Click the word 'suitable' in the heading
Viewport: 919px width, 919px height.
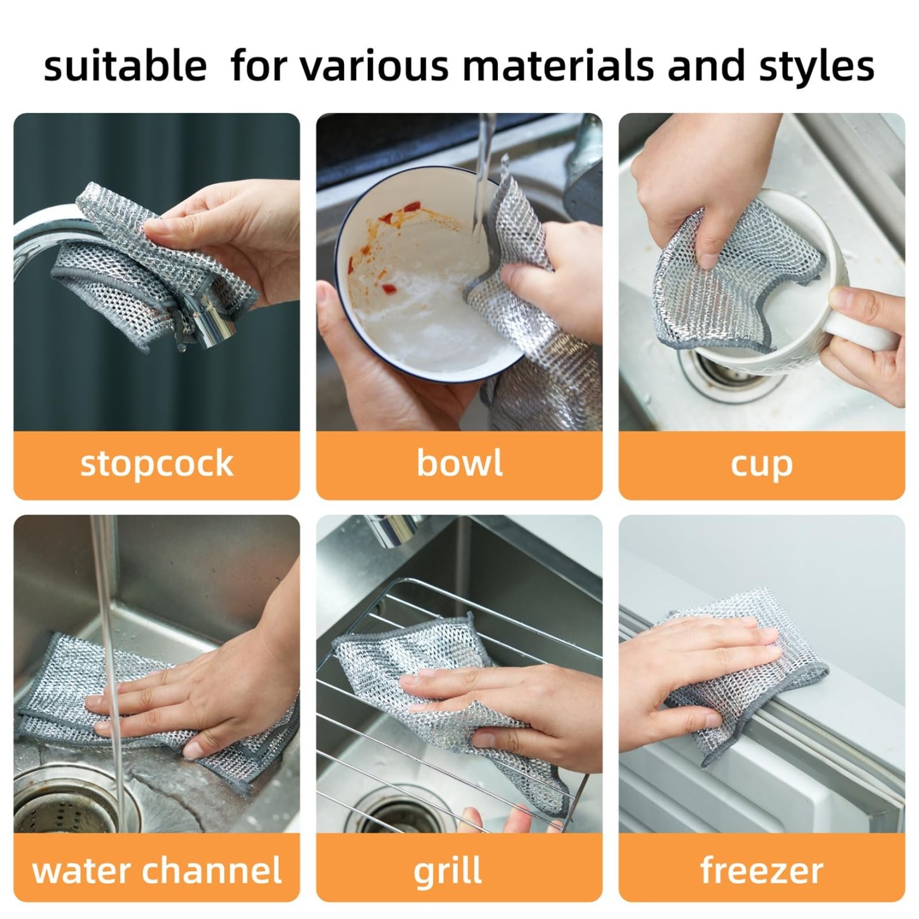125,66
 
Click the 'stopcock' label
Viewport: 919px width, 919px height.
156,464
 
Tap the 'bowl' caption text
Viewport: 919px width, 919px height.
459,463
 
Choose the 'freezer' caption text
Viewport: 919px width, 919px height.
761,870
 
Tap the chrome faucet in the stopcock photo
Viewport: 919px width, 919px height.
51,229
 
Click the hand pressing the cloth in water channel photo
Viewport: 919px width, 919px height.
204,693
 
